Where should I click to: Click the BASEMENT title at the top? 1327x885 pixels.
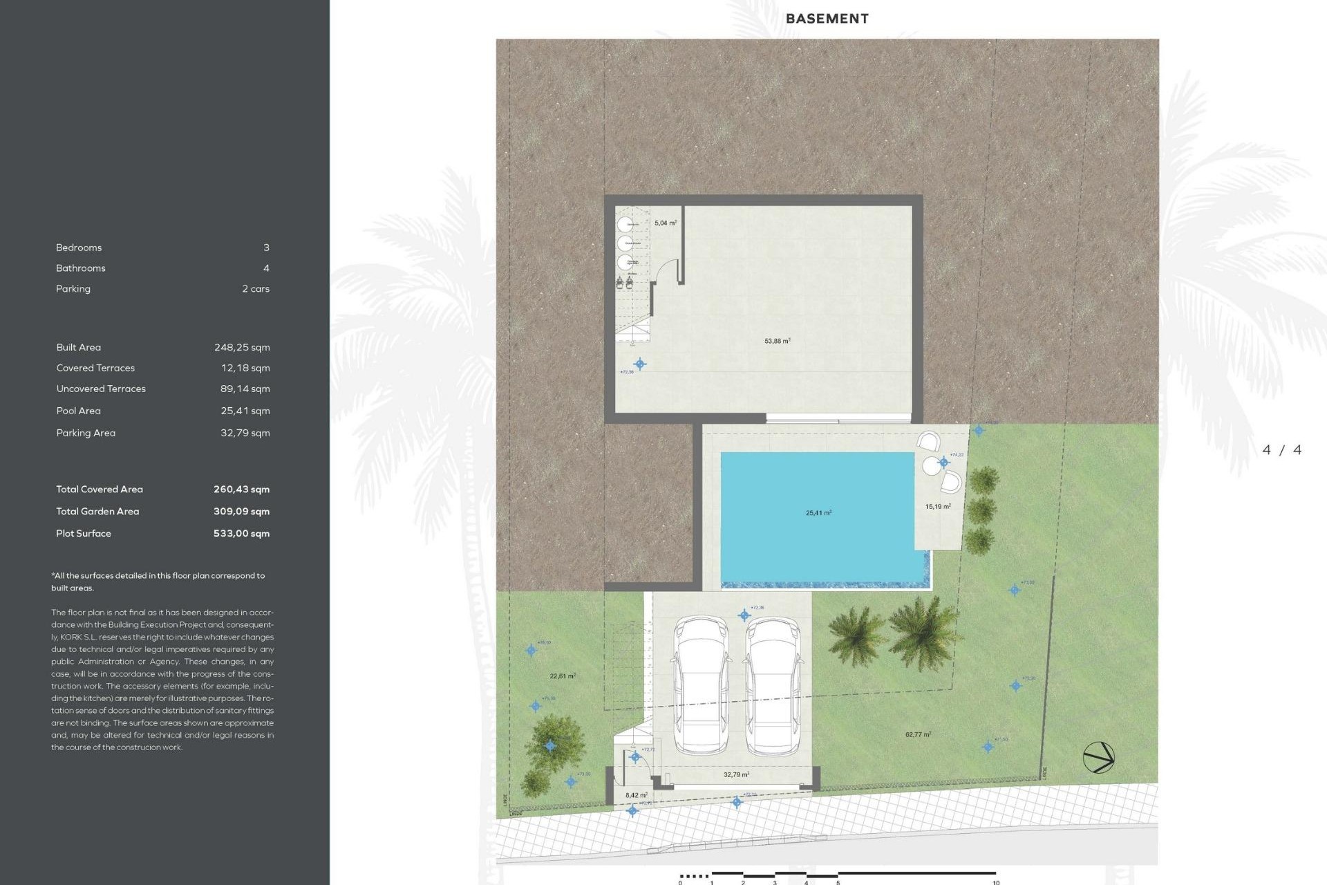827,19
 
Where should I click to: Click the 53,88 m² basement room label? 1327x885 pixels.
777,341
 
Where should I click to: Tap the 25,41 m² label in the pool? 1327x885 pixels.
818,513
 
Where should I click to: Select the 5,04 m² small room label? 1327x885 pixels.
665,223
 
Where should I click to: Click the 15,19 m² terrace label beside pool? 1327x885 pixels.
937,507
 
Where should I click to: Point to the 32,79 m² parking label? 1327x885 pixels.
736,774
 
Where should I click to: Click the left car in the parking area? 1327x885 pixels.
701,684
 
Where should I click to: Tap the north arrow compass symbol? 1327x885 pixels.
1098,757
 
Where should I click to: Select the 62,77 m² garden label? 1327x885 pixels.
918,734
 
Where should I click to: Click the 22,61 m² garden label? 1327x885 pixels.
562,676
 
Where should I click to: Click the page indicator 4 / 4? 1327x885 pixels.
1281,450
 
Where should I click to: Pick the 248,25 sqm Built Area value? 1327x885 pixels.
242,348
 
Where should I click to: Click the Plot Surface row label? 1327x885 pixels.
84,534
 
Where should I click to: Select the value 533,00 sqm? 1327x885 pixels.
241,534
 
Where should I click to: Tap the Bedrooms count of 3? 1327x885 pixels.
266,248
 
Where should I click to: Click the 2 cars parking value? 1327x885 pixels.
256,289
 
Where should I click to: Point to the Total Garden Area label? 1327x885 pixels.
97,512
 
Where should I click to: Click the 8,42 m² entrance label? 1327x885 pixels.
636,795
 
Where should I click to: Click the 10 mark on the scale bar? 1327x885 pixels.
996,882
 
